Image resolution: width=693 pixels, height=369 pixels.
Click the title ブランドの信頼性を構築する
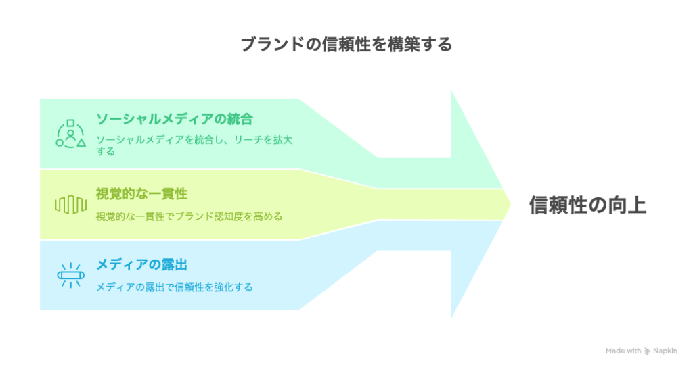tap(346, 45)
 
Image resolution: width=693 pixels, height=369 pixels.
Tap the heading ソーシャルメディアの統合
tap(175, 119)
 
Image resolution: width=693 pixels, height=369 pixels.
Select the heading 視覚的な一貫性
tap(141, 194)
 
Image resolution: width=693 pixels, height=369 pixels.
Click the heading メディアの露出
tap(141, 264)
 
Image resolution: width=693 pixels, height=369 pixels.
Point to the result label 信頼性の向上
tap(587, 205)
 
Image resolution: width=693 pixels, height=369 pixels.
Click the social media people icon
tap(70, 134)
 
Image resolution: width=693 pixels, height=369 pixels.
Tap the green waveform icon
tap(70, 205)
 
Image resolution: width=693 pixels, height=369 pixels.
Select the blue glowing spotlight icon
tap(70, 276)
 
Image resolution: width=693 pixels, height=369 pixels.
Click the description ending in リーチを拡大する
tap(194, 146)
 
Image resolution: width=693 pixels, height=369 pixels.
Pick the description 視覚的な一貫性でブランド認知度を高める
tap(189, 216)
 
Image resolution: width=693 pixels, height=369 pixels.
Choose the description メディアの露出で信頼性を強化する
tap(174, 287)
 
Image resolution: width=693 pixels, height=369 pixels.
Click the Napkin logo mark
tap(647, 351)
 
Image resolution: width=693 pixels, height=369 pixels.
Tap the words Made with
tap(623, 351)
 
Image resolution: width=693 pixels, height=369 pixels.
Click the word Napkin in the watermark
tap(665, 351)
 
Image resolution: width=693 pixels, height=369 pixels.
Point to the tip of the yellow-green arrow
tap(511, 204)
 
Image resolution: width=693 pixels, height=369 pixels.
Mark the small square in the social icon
tap(70, 123)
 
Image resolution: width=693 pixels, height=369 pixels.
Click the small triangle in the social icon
tap(81, 143)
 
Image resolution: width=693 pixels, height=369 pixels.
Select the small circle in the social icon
tap(60, 143)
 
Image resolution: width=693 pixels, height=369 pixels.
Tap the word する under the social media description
tap(106, 151)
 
